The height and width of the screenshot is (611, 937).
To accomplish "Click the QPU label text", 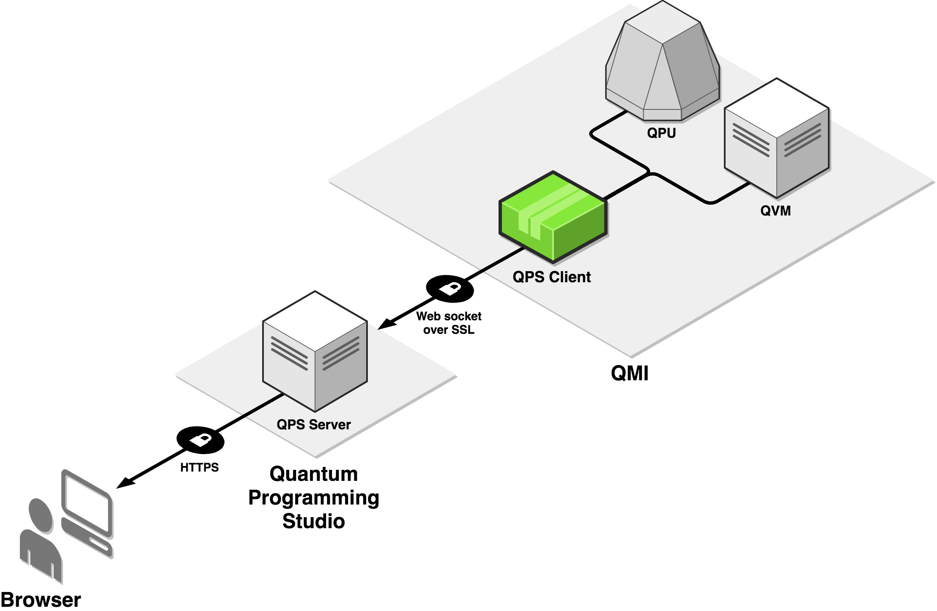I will [x=661, y=133].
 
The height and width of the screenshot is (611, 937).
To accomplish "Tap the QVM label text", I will [x=775, y=210].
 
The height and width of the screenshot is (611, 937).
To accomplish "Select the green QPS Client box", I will [x=553, y=216].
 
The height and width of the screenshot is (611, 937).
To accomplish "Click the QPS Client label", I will [x=551, y=277].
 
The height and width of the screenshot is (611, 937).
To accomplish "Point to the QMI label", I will [x=630, y=373].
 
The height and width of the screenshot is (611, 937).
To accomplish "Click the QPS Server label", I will [x=314, y=424].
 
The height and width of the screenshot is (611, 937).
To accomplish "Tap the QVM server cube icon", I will [x=777, y=138].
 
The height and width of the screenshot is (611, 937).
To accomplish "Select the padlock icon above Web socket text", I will [x=449, y=289].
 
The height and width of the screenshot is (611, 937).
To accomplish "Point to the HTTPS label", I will [x=199, y=467].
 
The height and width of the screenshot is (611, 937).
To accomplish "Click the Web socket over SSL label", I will [x=449, y=323].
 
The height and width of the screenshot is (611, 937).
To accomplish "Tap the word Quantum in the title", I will [x=314, y=474].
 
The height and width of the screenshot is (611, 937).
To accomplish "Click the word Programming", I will [x=314, y=498].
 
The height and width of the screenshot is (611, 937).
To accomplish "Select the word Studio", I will [x=314, y=521].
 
